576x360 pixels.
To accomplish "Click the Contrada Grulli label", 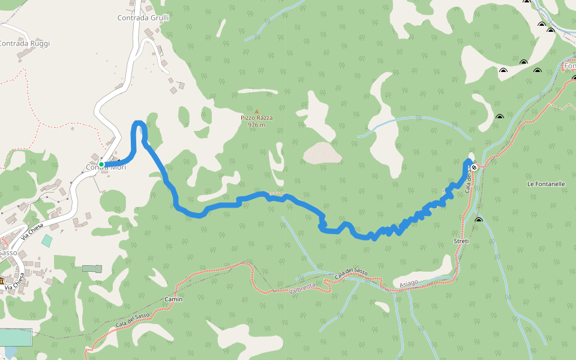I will pos(143,18).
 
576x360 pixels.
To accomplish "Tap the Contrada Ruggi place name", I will pos(24,43).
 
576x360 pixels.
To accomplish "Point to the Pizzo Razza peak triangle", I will pos(257,111).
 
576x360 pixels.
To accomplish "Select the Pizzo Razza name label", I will pos(257,118).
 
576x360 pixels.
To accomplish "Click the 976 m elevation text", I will pos(257,125).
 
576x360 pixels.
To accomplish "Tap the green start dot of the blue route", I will pos(101,164).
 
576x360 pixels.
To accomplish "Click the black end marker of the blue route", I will pos(474,167).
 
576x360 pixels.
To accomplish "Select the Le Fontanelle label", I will pos(546,184).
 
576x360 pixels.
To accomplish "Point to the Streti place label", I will pos(461,241).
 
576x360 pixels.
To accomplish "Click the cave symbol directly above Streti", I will pos(478,221).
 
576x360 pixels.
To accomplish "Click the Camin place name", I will pos(173,299).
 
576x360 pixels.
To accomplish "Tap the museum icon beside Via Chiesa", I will pos(2,281).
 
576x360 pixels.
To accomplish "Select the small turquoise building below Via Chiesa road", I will pos(47,240).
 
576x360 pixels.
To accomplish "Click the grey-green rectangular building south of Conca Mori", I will pos(92,268).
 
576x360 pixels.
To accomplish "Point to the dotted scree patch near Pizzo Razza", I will pos(323,153).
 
